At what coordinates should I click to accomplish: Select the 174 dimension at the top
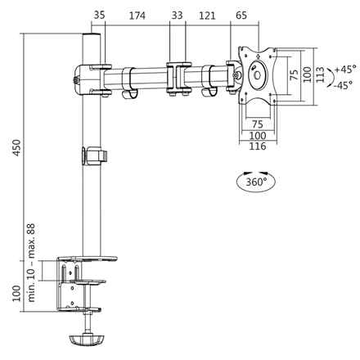point(139,16)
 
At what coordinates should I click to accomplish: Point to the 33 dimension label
point(177,16)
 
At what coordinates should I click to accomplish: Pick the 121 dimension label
point(207,16)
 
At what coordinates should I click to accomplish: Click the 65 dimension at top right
point(241,16)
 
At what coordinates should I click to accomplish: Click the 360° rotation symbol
point(254,182)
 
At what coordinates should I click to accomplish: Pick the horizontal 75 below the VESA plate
point(256,125)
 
